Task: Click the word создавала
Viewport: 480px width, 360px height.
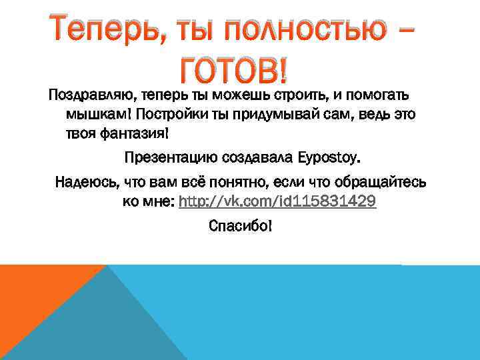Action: pyautogui.click(x=256, y=159)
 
